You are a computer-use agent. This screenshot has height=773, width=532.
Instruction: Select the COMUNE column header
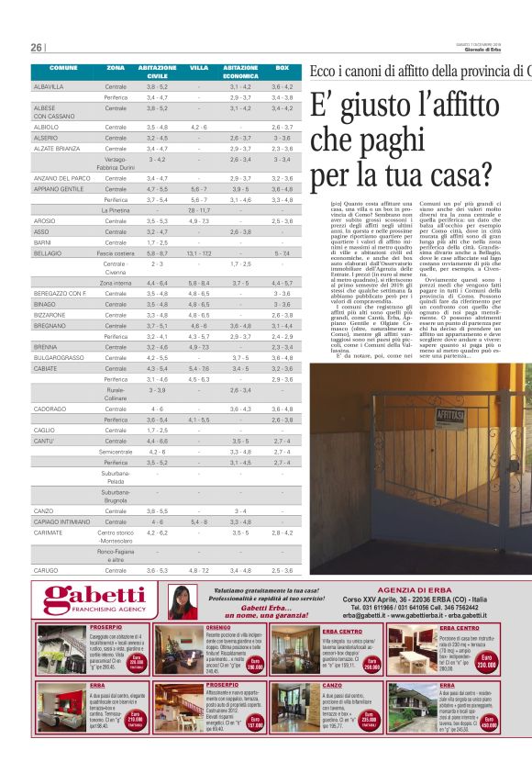click(x=63, y=69)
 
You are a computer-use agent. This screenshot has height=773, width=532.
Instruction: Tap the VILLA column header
click(x=199, y=69)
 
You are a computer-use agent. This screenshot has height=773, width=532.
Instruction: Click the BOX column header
click(x=282, y=69)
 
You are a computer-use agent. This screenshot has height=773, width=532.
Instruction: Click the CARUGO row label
click(x=46, y=570)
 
